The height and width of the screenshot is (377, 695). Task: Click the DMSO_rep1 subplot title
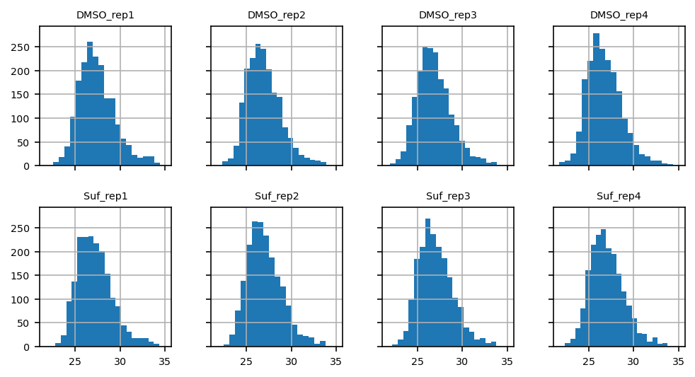105,15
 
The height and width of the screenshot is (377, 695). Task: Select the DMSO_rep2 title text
277,15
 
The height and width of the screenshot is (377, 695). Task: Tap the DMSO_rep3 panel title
448,15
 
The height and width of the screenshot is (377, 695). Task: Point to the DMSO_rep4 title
619,15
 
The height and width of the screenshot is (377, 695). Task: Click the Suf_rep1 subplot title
105,196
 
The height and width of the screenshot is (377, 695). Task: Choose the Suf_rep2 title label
277,196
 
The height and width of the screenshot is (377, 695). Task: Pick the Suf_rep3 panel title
448,196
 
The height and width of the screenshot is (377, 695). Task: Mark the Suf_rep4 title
619,196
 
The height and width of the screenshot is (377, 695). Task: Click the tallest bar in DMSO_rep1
90,106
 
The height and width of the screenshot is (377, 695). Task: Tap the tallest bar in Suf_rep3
427,283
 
